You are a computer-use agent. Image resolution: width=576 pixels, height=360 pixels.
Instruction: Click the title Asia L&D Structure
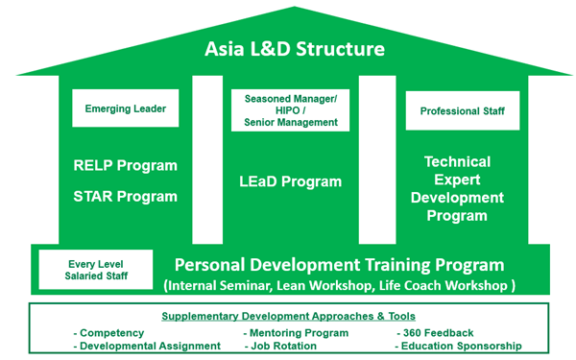point(287,48)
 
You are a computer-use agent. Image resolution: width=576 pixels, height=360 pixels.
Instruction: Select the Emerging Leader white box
point(125,108)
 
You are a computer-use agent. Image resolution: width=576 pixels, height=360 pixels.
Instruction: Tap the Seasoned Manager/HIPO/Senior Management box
point(291,110)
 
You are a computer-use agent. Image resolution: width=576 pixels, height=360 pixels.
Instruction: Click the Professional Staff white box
point(462,111)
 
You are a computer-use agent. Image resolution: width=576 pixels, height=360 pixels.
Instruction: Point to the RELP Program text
point(125,165)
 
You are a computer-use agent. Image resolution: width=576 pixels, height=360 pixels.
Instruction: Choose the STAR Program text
point(125,197)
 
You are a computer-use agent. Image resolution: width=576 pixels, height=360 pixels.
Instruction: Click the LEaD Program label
point(291,181)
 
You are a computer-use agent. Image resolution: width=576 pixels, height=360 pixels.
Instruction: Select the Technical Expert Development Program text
point(457,188)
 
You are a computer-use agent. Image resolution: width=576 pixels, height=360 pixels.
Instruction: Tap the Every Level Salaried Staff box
point(96,269)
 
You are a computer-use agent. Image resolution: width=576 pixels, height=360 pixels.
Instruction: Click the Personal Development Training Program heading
point(339,264)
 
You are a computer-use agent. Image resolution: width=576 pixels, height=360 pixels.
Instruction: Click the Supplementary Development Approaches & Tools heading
point(288,317)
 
